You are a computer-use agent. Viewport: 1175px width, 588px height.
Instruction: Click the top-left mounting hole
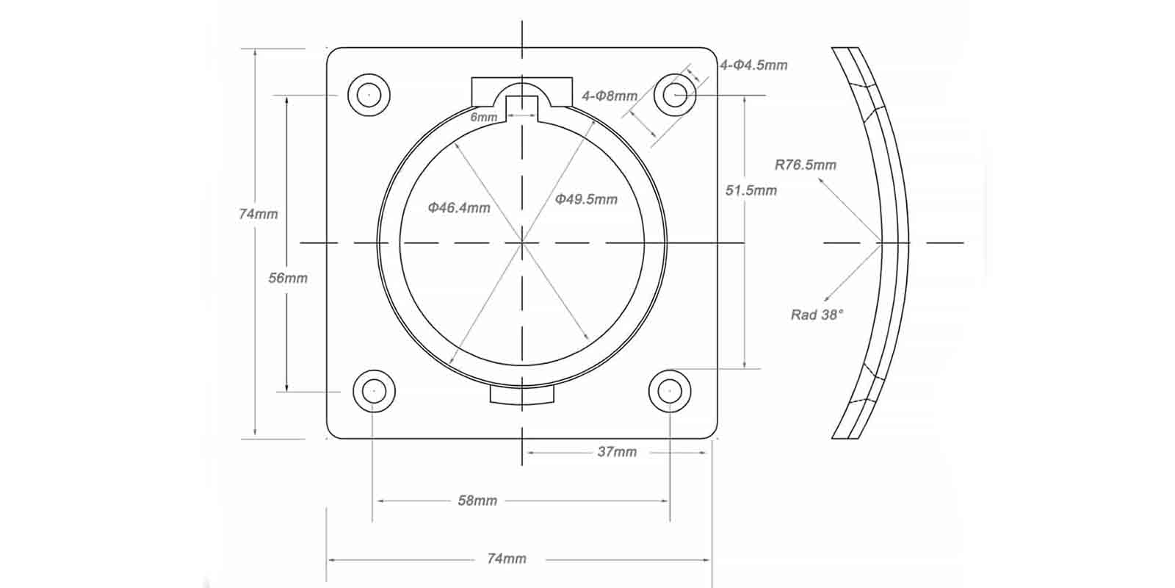point(369,95)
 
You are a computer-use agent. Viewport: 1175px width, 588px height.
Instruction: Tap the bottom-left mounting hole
point(374,391)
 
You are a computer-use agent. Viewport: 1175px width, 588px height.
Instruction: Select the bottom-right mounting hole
point(670,391)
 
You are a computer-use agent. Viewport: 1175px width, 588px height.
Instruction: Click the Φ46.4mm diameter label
point(459,208)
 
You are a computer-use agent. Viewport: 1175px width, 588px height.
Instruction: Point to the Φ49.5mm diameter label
point(586,199)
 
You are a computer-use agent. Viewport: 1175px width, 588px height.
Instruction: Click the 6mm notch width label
point(483,117)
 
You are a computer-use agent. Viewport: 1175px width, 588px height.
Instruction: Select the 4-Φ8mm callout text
point(610,96)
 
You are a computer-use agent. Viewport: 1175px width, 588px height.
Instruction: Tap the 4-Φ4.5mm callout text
point(753,65)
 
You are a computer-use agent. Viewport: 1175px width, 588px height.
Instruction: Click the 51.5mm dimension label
point(751,190)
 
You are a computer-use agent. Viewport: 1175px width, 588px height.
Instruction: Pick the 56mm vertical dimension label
point(288,278)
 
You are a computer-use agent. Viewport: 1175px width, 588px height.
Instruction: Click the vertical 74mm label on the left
point(258,214)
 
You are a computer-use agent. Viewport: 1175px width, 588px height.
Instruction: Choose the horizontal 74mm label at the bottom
point(507,559)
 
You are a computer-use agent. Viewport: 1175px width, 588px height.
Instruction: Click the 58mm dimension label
point(477,501)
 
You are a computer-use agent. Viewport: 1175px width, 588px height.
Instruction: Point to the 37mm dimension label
point(617,452)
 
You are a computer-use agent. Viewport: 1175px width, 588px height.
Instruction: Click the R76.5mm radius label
point(806,165)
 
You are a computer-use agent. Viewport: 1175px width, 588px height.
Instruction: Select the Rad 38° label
point(817,315)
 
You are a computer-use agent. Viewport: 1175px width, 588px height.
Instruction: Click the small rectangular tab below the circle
point(522,395)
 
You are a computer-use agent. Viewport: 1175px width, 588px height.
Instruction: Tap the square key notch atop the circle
point(522,107)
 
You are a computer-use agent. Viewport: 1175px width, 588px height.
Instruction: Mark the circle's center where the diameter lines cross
point(522,242)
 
